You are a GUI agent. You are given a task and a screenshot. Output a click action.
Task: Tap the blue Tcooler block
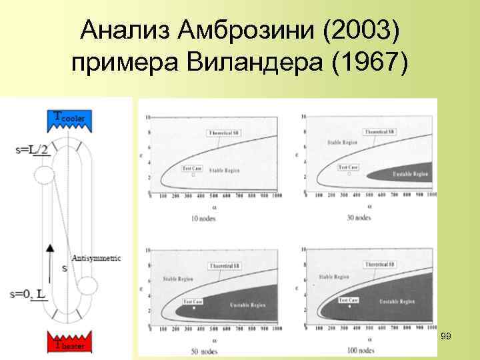70,119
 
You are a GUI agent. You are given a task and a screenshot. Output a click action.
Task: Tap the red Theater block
70,341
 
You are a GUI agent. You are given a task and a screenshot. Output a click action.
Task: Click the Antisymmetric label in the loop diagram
95,258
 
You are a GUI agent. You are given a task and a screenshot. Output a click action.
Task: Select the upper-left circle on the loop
44,175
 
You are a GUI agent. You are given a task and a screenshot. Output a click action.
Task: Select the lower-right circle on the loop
87,287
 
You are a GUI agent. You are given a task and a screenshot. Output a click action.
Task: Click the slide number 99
446,337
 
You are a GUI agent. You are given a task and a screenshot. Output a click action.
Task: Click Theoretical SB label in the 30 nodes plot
377,133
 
